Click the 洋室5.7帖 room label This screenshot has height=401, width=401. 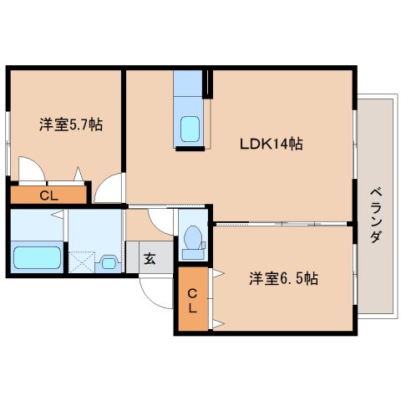coord(71,125)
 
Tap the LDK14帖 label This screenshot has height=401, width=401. coord(272,144)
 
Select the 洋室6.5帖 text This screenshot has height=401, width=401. coord(283,279)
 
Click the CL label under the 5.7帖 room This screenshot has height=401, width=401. coord(48,196)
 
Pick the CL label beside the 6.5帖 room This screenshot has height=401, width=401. coord(191,300)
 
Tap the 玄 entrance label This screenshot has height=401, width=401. coord(149,258)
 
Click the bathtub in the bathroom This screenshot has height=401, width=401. coord(38,257)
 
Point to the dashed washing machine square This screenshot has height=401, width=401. coord(81,261)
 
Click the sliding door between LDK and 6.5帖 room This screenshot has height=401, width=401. coord(280,223)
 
